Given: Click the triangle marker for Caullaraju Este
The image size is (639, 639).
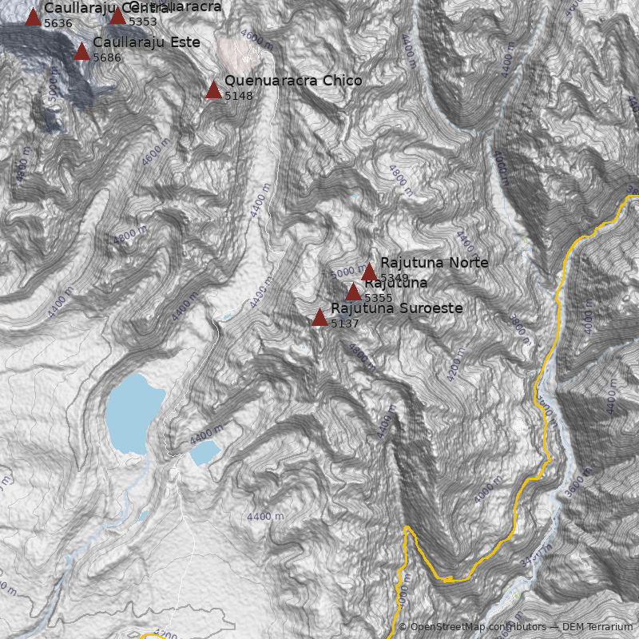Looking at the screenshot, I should (x=81, y=52).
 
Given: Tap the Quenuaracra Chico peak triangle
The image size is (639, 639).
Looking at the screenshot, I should (x=213, y=89).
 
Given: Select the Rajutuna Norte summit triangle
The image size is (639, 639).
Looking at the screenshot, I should (x=369, y=272).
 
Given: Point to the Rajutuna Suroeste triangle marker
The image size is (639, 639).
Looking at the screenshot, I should (x=319, y=318).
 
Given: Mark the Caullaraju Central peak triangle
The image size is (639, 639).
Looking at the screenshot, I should (x=33, y=17).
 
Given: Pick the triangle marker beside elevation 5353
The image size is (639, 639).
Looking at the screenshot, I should (x=117, y=15).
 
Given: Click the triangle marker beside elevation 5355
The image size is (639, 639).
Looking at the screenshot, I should (x=353, y=292).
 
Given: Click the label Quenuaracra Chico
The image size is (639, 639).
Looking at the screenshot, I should (x=293, y=81).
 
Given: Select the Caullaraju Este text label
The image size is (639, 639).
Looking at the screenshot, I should (x=146, y=42).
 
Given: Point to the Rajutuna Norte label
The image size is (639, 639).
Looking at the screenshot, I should (x=434, y=263).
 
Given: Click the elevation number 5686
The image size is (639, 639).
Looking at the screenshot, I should (x=107, y=58).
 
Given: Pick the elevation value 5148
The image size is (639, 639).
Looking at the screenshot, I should (x=239, y=96).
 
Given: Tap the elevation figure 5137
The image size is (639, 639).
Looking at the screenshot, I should (x=344, y=323).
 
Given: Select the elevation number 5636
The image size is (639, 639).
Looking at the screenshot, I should (x=58, y=23).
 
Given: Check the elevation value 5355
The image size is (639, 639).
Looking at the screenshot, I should (x=378, y=298).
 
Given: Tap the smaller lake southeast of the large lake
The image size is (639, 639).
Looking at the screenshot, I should (x=204, y=453).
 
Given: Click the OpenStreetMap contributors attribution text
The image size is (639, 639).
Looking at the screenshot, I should (x=471, y=627).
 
